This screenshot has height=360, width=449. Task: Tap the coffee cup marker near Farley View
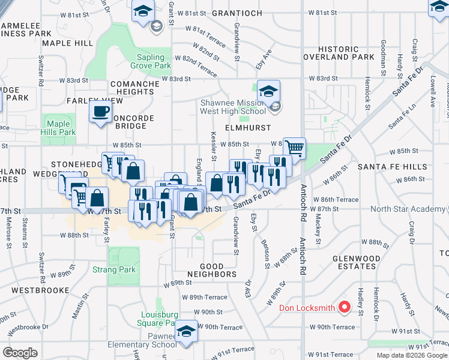101,110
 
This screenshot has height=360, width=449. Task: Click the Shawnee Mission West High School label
234,106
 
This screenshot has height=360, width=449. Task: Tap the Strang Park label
114,270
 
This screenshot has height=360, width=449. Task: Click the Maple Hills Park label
58,128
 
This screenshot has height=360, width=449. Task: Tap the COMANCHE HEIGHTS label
134,88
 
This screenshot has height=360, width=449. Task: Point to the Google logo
20,352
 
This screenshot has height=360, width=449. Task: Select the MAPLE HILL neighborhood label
68,43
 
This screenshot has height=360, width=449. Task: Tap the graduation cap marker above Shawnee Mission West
269,91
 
